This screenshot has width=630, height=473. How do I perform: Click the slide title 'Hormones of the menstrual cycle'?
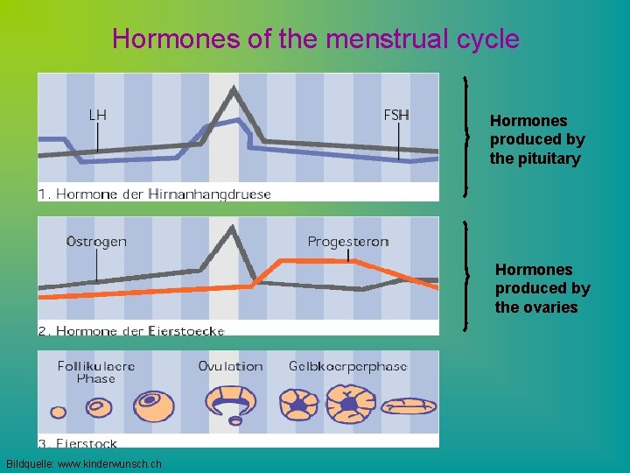coord(315,39)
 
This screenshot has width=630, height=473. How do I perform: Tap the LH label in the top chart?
coord(99,114)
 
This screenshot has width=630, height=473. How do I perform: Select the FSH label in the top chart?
coord(396,114)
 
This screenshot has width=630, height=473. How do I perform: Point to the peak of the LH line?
coord(234,88)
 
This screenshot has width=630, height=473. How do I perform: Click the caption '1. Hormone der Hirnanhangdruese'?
coord(154,194)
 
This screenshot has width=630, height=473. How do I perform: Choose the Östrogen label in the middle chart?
coord(96,241)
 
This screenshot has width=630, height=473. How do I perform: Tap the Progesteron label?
coord(347,241)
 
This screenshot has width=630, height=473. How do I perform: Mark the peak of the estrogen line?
coord(232,227)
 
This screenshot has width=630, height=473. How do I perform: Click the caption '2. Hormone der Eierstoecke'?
coord(131,330)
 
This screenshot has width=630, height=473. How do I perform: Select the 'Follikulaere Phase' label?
coord(96,372)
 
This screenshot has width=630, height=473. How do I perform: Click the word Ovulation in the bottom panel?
coord(230,366)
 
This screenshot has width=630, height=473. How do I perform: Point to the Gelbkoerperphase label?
coord(347,366)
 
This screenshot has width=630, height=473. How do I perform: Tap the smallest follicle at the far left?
coord(59,411)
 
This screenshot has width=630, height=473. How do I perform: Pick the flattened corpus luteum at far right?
coord(410,406)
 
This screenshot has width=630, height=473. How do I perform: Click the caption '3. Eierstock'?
coord(78,444)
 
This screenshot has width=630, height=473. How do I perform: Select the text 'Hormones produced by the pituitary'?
coord(536,139)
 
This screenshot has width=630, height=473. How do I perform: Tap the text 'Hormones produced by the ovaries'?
coord(542,288)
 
